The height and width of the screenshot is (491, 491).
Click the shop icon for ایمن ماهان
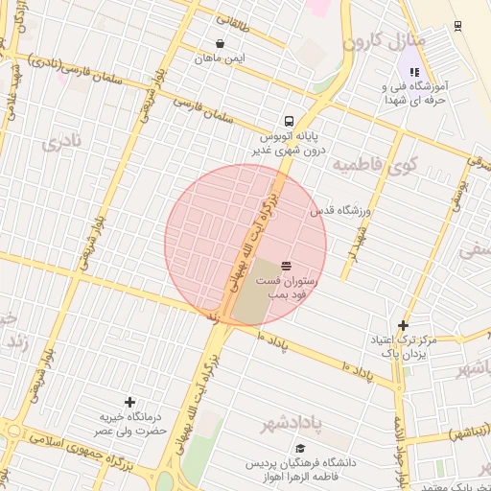pos(222,43)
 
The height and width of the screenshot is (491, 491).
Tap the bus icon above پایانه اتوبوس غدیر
pos(289,122)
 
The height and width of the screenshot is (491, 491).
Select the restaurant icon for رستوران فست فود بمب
pos(287,265)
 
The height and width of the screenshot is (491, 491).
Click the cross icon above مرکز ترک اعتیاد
pos(403,326)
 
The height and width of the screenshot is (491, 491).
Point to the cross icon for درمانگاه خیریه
pos(130,402)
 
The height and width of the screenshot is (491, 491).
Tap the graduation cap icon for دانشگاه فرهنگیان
pos(300,448)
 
